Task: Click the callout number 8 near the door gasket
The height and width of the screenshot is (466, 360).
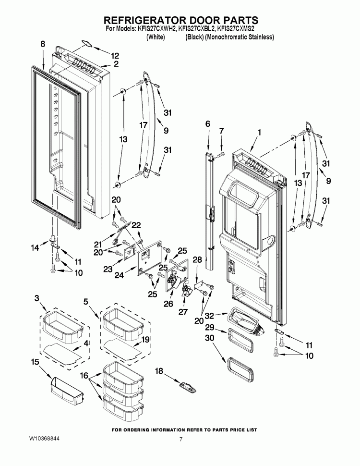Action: point(43,44)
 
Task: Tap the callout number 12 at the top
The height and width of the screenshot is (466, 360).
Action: point(115,55)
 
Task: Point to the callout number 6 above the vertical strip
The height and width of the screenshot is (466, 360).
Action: point(207,124)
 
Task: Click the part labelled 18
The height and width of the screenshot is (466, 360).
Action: point(185,385)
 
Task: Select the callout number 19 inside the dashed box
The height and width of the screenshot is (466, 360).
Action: point(145,339)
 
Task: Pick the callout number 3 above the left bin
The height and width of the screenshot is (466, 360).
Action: point(36,299)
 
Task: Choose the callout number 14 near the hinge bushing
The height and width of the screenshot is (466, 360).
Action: point(35,248)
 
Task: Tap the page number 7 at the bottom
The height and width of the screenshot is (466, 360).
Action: point(180,439)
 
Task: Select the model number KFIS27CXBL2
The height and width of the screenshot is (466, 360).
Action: point(197,29)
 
